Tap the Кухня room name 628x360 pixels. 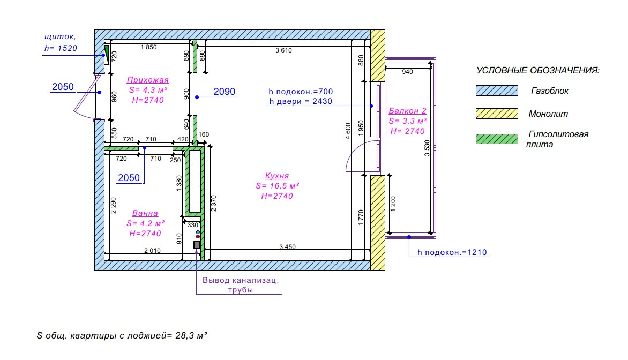click(x=277, y=176)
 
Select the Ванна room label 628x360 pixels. click(x=145, y=213)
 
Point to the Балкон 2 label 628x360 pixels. click(x=407, y=111)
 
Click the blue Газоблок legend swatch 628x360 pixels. click(x=497, y=91)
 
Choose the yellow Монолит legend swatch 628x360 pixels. click(x=497, y=114)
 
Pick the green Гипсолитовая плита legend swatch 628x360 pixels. click(x=497, y=139)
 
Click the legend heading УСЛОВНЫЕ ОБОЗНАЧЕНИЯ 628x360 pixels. click(x=537, y=71)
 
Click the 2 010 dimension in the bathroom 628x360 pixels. click(x=152, y=250)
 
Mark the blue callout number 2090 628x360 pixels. click(x=224, y=92)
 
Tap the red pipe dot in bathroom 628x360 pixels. click(x=198, y=237)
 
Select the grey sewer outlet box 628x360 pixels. click(x=197, y=245)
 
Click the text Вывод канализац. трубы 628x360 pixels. click(x=241, y=285)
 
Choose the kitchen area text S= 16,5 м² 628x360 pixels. click(x=277, y=186)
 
